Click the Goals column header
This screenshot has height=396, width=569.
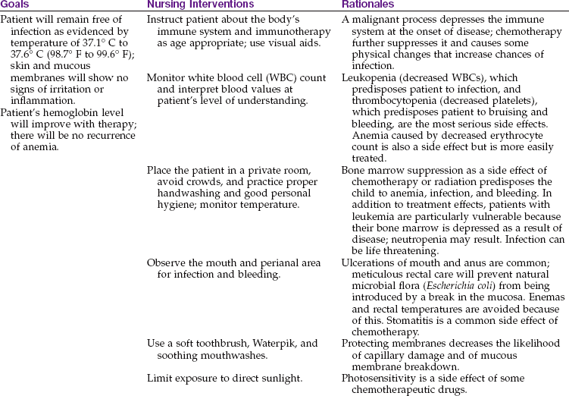(17, 5)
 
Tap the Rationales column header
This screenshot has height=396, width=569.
(369, 5)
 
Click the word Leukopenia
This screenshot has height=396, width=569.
(368, 99)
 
